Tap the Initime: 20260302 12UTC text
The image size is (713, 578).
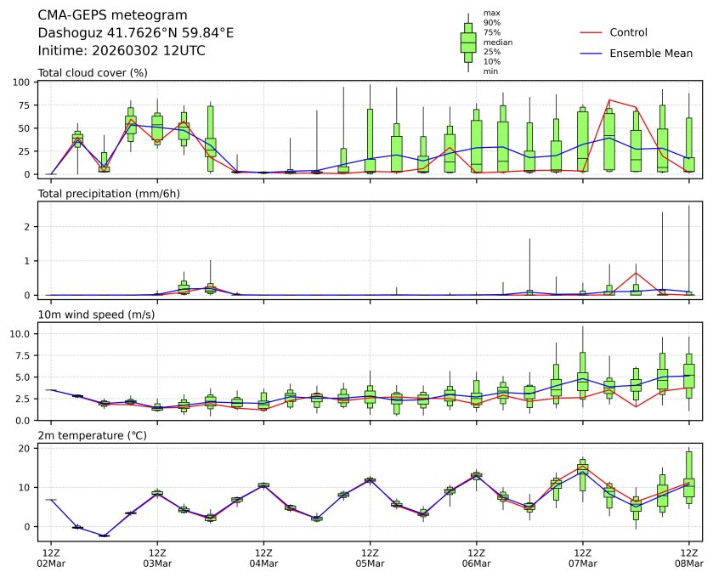coord(122,51)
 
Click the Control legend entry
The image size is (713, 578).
coord(628,33)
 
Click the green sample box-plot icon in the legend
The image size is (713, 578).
coord(467,42)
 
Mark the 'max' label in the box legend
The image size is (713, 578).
coord(490,13)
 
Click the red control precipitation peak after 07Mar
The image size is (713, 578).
coord(636,273)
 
